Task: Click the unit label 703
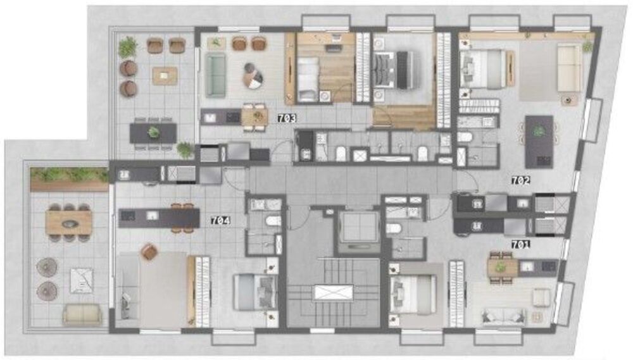click(287, 118)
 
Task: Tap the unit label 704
click(220, 221)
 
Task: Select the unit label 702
click(520, 180)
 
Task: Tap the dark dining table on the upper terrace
click(153, 132)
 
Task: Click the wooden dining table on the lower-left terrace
click(69, 221)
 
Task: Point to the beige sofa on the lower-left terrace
click(82, 314)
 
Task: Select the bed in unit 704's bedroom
click(254, 292)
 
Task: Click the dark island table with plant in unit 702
click(539, 140)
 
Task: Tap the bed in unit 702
click(484, 68)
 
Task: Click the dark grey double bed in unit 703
click(393, 70)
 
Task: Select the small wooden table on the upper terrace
click(165, 76)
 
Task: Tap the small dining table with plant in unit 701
click(501, 268)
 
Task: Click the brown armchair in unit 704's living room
click(149, 252)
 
